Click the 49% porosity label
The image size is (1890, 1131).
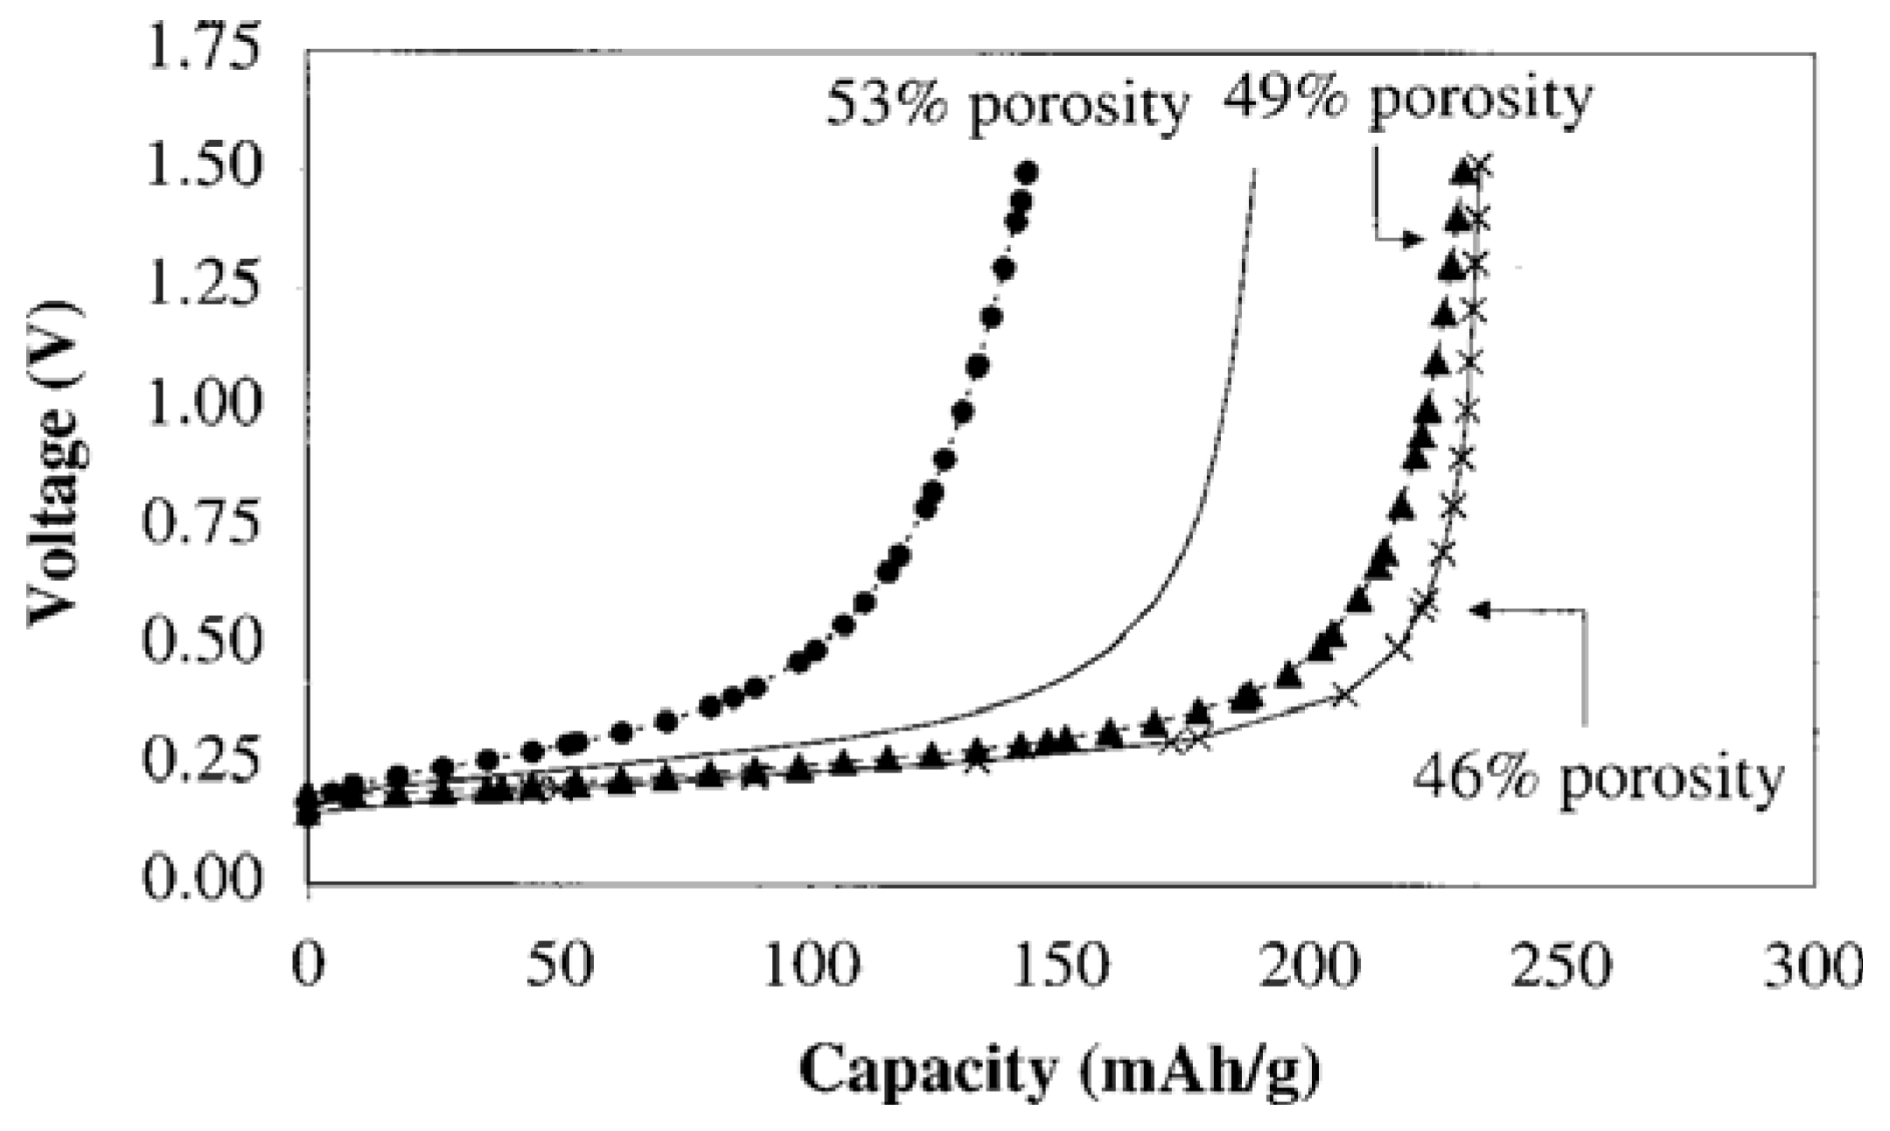point(1406,98)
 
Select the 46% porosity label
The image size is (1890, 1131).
point(1597,778)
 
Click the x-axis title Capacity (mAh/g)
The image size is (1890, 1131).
point(1059,1069)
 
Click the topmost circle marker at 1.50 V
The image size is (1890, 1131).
point(1028,172)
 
